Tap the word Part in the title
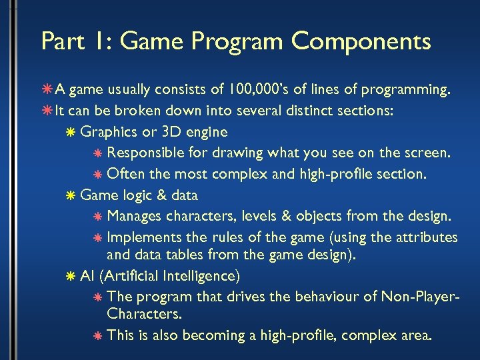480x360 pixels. [62, 41]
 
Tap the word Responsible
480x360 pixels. [145, 153]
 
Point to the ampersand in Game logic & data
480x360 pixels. [161, 195]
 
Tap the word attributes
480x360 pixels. [426, 237]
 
